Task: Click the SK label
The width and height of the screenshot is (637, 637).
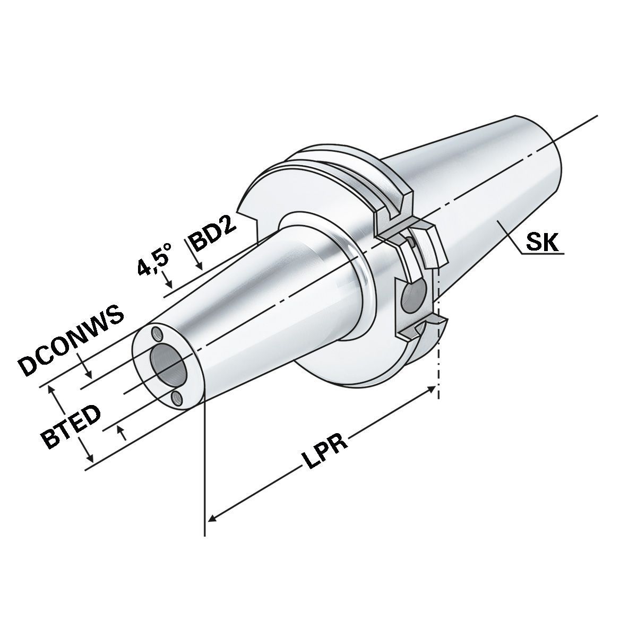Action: tap(542, 243)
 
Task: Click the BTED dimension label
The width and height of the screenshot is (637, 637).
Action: tap(71, 427)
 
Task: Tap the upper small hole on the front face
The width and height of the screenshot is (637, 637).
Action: tap(156, 333)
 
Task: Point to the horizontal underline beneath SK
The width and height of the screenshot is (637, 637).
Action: tap(541, 254)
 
